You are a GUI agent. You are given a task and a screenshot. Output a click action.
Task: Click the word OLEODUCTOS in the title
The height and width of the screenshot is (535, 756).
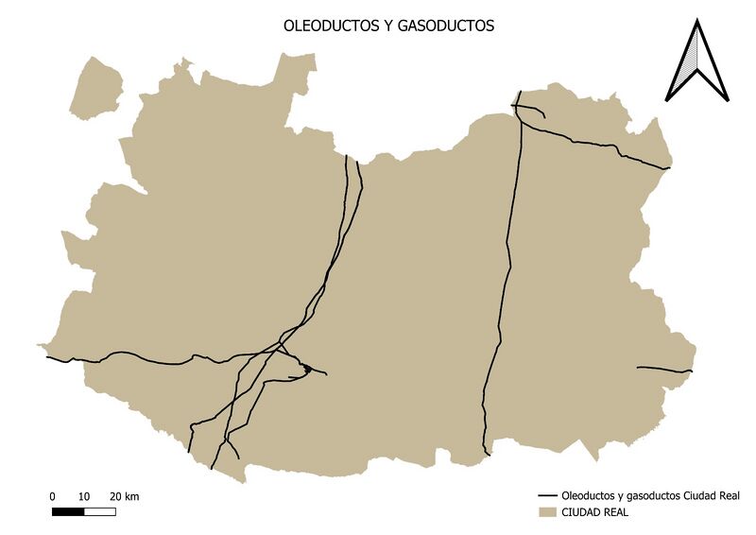(x=324, y=27)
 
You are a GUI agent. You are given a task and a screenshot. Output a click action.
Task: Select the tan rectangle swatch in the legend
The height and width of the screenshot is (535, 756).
(x=546, y=513)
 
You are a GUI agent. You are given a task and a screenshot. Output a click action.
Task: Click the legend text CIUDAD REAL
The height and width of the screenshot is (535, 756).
(x=594, y=513)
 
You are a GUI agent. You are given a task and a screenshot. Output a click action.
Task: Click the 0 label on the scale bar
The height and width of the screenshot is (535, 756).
(x=53, y=497)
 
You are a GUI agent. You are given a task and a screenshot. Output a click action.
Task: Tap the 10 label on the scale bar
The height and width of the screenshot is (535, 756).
(x=83, y=497)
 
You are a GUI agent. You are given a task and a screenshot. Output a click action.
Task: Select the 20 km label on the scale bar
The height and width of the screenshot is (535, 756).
(x=124, y=497)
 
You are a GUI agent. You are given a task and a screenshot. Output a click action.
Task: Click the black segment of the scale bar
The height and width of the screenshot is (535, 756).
(x=68, y=511)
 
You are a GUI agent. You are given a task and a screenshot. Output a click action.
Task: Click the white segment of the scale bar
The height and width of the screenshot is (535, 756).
(x=99, y=511)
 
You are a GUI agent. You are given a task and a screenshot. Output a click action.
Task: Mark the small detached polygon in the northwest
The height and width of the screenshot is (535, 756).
(x=97, y=88)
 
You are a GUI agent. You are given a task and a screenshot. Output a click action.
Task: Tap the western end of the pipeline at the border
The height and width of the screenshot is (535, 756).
(x=47, y=357)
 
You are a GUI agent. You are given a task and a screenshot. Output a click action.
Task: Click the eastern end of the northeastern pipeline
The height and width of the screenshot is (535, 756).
(x=669, y=168)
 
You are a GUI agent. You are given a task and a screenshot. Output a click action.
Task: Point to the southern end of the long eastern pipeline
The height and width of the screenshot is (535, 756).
(x=488, y=454)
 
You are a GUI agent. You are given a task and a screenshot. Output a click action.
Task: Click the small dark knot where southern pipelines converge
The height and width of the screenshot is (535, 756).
(x=306, y=369)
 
